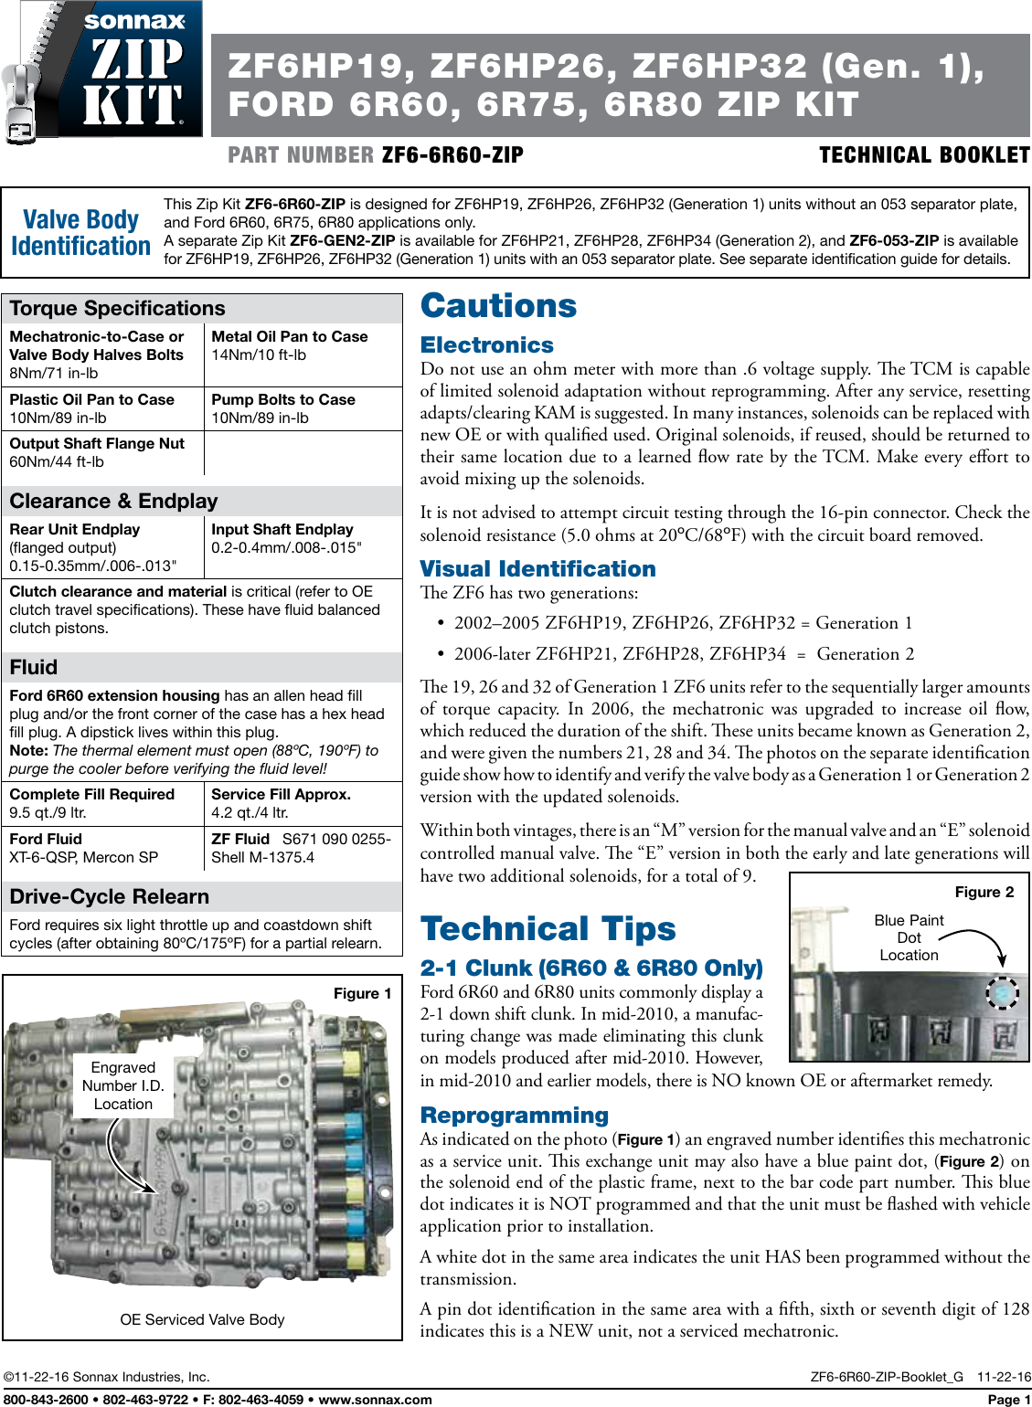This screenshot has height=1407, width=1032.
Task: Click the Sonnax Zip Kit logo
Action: point(102,69)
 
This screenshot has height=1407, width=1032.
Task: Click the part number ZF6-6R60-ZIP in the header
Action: point(452,155)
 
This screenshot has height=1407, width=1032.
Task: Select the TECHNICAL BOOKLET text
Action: point(923,155)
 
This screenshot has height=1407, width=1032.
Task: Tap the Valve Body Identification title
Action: point(80,233)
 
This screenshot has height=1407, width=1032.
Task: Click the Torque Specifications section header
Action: point(117,309)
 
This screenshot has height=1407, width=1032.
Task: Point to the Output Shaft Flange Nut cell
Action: point(97,452)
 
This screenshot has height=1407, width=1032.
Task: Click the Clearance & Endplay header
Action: point(113,502)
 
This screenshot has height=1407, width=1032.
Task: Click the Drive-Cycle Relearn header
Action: point(109,897)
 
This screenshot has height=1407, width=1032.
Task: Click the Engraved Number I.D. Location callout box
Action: point(123,1085)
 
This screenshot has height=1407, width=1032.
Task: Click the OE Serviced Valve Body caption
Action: point(202,1319)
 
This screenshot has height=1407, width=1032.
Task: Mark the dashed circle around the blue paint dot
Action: point(1002,992)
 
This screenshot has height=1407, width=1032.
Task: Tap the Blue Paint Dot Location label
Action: point(909,937)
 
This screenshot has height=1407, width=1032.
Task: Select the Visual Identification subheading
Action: point(537,569)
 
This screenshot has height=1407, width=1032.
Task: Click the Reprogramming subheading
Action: point(514,1116)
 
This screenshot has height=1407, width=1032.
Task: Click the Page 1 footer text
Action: point(1008,1400)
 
